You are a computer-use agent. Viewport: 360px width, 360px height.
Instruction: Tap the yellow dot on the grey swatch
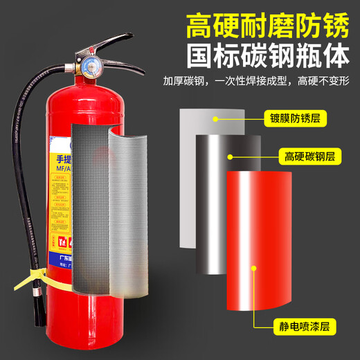pos(217,118)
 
